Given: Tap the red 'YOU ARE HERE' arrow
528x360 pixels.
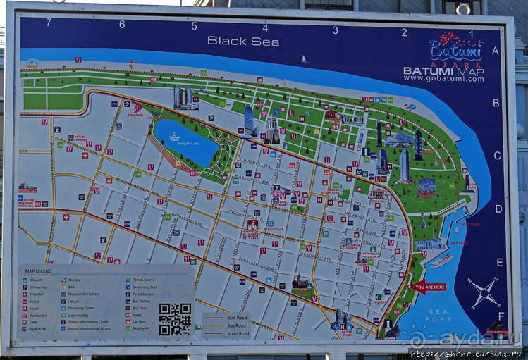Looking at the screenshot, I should (x=427, y=287).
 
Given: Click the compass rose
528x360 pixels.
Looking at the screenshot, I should (x=484, y=292).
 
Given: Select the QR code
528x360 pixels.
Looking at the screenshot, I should (x=175, y=318).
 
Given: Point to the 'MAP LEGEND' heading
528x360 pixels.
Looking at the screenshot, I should (x=38, y=271).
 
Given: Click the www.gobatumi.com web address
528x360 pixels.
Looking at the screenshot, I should (x=443, y=78).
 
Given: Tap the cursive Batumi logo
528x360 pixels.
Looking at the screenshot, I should (x=455, y=47).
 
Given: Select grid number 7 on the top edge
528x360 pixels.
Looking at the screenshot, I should (x=49, y=23).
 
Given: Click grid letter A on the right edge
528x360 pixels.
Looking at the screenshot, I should (x=495, y=51).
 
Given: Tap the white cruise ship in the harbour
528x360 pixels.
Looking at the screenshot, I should (x=441, y=260).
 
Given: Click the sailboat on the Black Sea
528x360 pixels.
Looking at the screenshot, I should (x=305, y=59).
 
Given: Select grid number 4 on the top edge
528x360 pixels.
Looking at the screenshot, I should (x=265, y=28).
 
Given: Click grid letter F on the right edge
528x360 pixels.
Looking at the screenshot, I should (x=501, y=316).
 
